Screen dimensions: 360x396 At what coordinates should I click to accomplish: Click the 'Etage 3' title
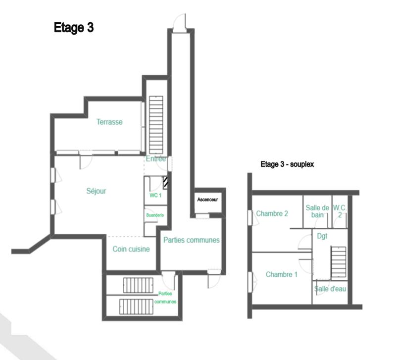(73, 28)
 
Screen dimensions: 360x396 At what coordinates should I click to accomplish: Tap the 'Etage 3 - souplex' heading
(288, 164)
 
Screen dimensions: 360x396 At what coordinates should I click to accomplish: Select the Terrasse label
(109, 122)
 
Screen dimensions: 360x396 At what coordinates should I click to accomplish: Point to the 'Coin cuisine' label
(131, 249)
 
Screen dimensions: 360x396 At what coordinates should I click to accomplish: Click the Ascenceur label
(207, 200)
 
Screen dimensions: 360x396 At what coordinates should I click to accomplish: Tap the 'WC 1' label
(155, 196)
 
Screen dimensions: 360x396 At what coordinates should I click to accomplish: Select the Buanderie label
(155, 215)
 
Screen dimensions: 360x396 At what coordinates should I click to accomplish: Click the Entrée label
(156, 159)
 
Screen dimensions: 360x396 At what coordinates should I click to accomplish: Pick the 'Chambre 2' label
(272, 213)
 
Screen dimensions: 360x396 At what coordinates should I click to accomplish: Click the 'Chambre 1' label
(281, 274)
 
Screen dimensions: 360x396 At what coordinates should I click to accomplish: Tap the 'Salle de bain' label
(317, 211)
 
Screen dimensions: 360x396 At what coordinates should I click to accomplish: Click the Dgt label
(322, 236)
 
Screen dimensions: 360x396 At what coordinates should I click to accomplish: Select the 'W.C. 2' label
(340, 211)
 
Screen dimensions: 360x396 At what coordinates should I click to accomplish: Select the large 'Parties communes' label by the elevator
(191, 240)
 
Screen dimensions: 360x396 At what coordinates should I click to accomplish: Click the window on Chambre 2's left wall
(250, 217)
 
